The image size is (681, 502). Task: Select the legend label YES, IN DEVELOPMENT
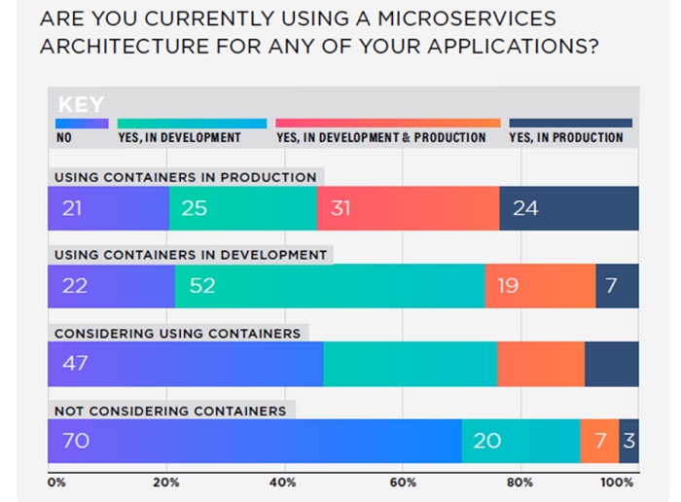pos(179,138)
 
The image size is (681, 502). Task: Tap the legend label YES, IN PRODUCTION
pos(565,138)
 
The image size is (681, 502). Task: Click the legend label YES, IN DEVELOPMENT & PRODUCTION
pos(380,138)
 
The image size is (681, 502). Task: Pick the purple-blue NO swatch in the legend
pos(82,124)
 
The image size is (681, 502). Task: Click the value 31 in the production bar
pos(340,208)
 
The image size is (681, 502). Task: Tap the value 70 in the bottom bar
pos(75,441)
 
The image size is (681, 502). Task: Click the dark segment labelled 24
pos(569,208)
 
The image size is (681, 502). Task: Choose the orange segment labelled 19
pos(540,286)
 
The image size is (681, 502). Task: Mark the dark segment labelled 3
pos(628,441)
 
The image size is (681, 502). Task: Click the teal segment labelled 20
pos(520,441)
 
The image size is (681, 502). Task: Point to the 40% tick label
pos(284,482)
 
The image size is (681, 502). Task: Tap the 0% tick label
pos(55,482)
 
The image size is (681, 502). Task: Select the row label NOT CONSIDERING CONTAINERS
pos(170,411)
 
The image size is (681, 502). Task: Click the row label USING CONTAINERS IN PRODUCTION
pos(185,177)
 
